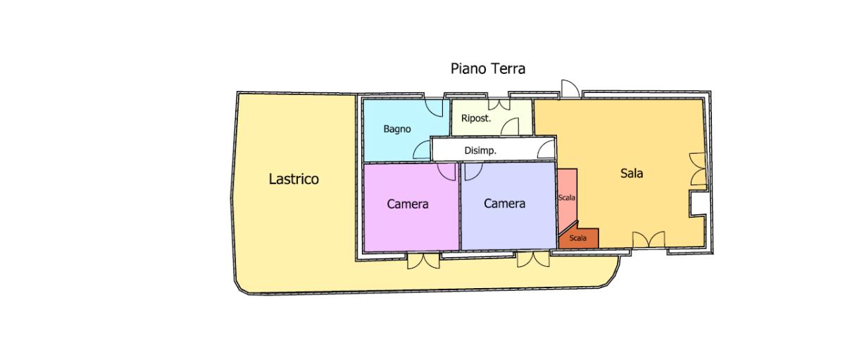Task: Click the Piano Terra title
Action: [x=488, y=68]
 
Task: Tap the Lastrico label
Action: [x=294, y=179]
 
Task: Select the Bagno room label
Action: [x=397, y=129]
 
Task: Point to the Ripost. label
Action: [x=476, y=118]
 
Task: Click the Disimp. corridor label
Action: [x=480, y=151]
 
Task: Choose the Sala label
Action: [x=632, y=173]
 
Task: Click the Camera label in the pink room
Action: [x=408, y=204]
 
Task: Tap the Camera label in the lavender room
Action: [x=504, y=204]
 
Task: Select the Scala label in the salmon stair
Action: [x=567, y=197]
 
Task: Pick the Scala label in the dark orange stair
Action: [x=578, y=238]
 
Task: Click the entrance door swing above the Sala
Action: [x=570, y=89]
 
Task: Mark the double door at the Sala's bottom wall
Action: [x=649, y=240]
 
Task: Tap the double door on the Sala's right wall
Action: [x=698, y=169]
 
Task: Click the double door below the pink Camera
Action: [x=423, y=261]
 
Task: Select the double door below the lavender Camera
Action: [x=533, y=260]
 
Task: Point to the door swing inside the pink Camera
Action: [x=446, y=172]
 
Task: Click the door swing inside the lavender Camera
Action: [x=473, y=171]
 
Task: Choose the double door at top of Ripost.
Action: [x=499, y=104]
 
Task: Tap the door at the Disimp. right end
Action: [x=546, y=149]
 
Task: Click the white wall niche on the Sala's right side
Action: [x=699, y=204]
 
